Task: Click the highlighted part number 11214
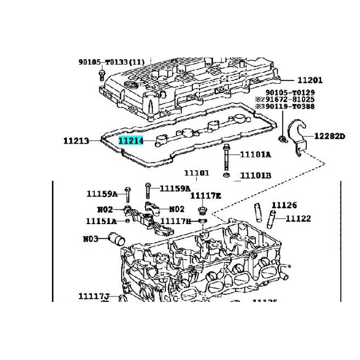(131, 141)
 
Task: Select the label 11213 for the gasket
(76, 141)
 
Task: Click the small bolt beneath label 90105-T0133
(102, 74)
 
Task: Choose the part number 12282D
(329, 136)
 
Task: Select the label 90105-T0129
(290, 93)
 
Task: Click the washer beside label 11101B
(227, 175)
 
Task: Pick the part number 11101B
(255, 176)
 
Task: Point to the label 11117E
(205, 196)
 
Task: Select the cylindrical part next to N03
(117, 239)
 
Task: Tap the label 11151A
(101, 221)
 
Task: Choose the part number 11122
(298, 219)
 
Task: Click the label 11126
(284, 205)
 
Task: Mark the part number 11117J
(94, 296)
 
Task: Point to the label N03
(90, 239)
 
